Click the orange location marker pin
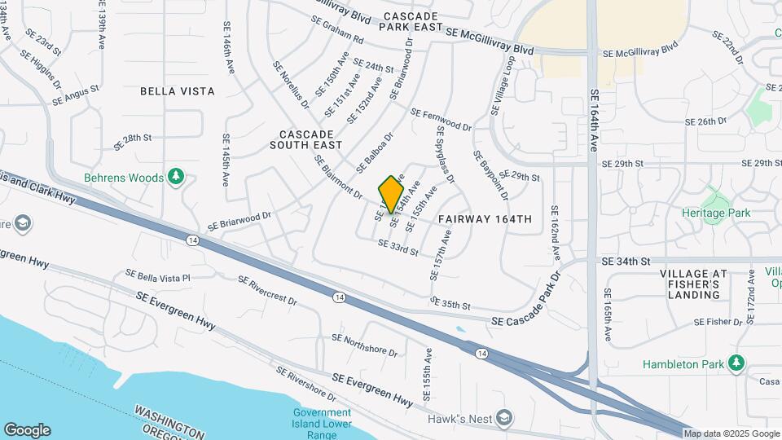tap(392, 193)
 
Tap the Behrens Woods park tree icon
tap(175, 177)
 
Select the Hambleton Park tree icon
tap(737, 363)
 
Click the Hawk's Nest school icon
tap(504, 419)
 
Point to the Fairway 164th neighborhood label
tap(485, 219)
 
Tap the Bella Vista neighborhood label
tap(178, 91)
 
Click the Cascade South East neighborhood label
tap(305, 139)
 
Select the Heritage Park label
tap(716, 213)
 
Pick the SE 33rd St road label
tap(398, 248)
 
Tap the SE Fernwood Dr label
tap(442, 120)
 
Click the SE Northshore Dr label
tap(364, 345)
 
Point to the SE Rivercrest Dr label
tap(270, 289)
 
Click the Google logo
tap(27, 429)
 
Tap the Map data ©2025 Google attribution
tap(731, 433)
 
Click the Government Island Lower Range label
tap(323, 423)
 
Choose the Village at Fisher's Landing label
tap(689, 284)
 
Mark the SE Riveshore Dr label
tap(305, 384)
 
